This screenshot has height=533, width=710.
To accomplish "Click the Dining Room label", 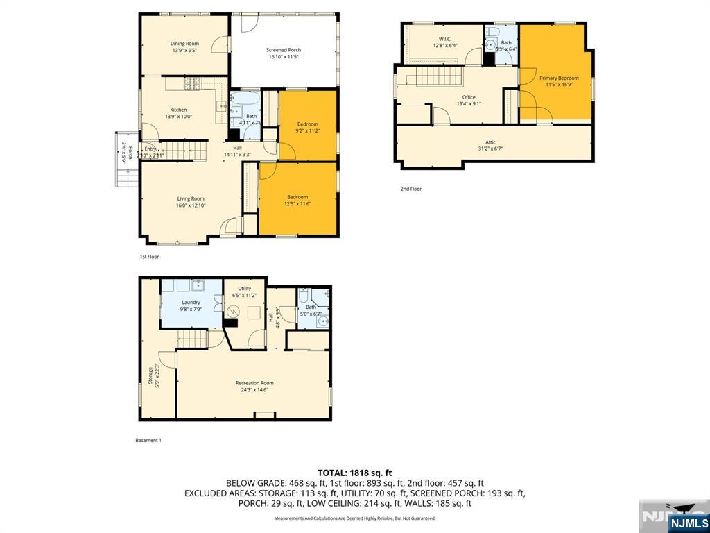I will pos(184,44).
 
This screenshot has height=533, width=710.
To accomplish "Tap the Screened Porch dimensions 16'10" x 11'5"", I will pos(284,57).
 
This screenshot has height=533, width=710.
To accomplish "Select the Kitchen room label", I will pos(178,110).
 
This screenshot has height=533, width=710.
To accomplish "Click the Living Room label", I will pos(190,199).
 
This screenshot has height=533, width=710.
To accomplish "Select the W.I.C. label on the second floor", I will pos(444,39).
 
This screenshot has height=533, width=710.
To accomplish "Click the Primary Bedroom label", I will pos(559,78).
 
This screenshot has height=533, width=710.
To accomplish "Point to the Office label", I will pos(469,97).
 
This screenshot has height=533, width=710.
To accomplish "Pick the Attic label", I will pos(490,142).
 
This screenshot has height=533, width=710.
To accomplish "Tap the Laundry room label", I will pos(191,302).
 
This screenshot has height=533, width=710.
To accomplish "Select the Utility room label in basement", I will pos(244,289).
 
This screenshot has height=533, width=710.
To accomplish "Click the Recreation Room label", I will pos(254,383).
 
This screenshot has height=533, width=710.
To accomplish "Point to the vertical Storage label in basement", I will pos(150,375).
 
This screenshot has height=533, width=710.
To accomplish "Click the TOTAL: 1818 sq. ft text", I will pos(354,473).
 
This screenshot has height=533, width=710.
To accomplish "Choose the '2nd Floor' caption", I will pos(410,189).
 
